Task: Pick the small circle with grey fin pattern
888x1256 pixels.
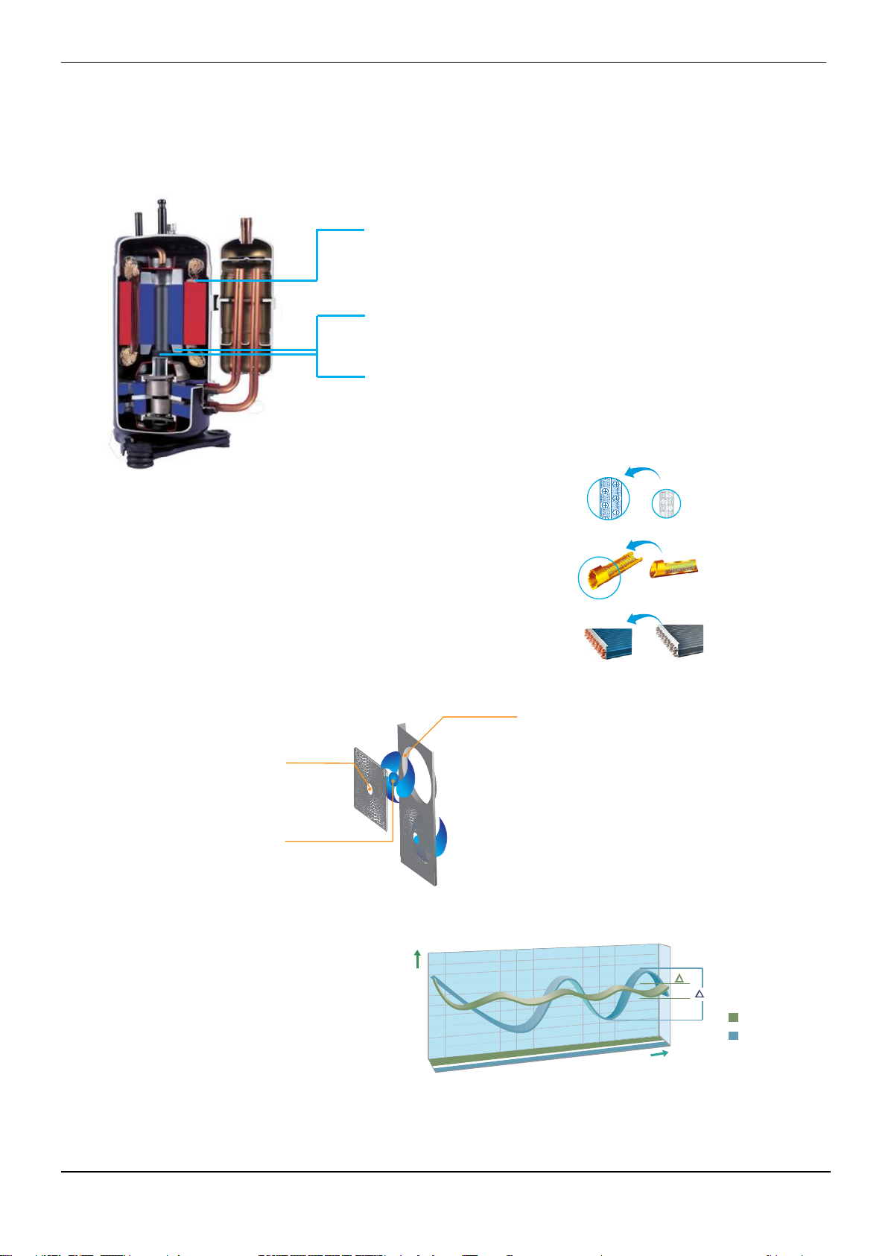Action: pos(666,505)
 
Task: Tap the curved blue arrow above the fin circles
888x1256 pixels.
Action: pos(642,473)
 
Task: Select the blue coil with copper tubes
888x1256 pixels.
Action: pos(607,642)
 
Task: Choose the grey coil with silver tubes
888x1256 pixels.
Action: pos(679,640)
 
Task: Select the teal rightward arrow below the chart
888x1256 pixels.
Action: pos(659,1054)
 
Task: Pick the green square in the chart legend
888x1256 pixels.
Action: pos(734,1017)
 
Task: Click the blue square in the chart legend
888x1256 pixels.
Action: pos(734,1035)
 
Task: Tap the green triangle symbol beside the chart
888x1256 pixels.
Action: pos(679,978)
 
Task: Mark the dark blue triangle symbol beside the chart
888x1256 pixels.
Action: pos(699,994)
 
